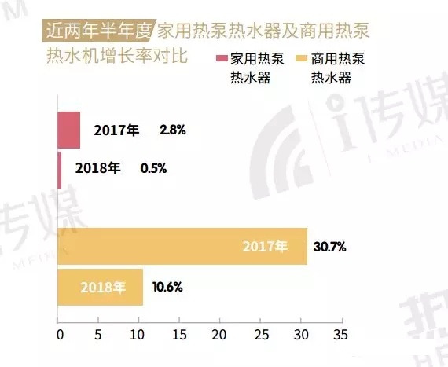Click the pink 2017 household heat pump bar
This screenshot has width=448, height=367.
(68, 130)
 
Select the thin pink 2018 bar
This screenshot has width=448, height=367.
(60, 169)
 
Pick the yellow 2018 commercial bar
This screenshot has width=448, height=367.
(100, 287)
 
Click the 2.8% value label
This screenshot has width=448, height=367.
(172, 130)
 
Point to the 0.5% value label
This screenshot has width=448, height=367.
(153, 168)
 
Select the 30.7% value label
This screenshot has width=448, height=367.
(329, 247)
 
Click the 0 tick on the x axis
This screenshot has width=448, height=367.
(58, 334)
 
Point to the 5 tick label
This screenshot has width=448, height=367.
(98, 334)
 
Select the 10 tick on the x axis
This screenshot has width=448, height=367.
(139, 334)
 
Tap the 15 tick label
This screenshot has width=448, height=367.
(179, 334)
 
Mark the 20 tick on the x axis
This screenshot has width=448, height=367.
(220, 334)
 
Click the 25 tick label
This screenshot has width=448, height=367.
(260, 334)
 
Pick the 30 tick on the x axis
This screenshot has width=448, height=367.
(301, 334)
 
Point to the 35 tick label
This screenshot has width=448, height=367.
(341, 334)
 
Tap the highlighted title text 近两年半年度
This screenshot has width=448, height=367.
(98, 32)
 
